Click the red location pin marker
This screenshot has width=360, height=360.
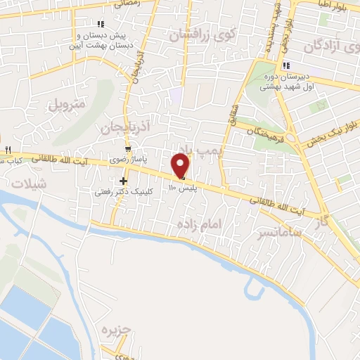pos(181,166)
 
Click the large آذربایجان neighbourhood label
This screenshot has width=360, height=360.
pos(109,127)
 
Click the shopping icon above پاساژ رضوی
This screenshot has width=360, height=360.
pos(127,149)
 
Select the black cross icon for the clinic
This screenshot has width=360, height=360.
pos(124,181)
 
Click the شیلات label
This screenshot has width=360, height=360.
pos(27,182)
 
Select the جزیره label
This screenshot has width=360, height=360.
pos(117,329)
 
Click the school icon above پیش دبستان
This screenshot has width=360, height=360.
pos(101,23)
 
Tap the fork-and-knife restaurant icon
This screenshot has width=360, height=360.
pos(8,150)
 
